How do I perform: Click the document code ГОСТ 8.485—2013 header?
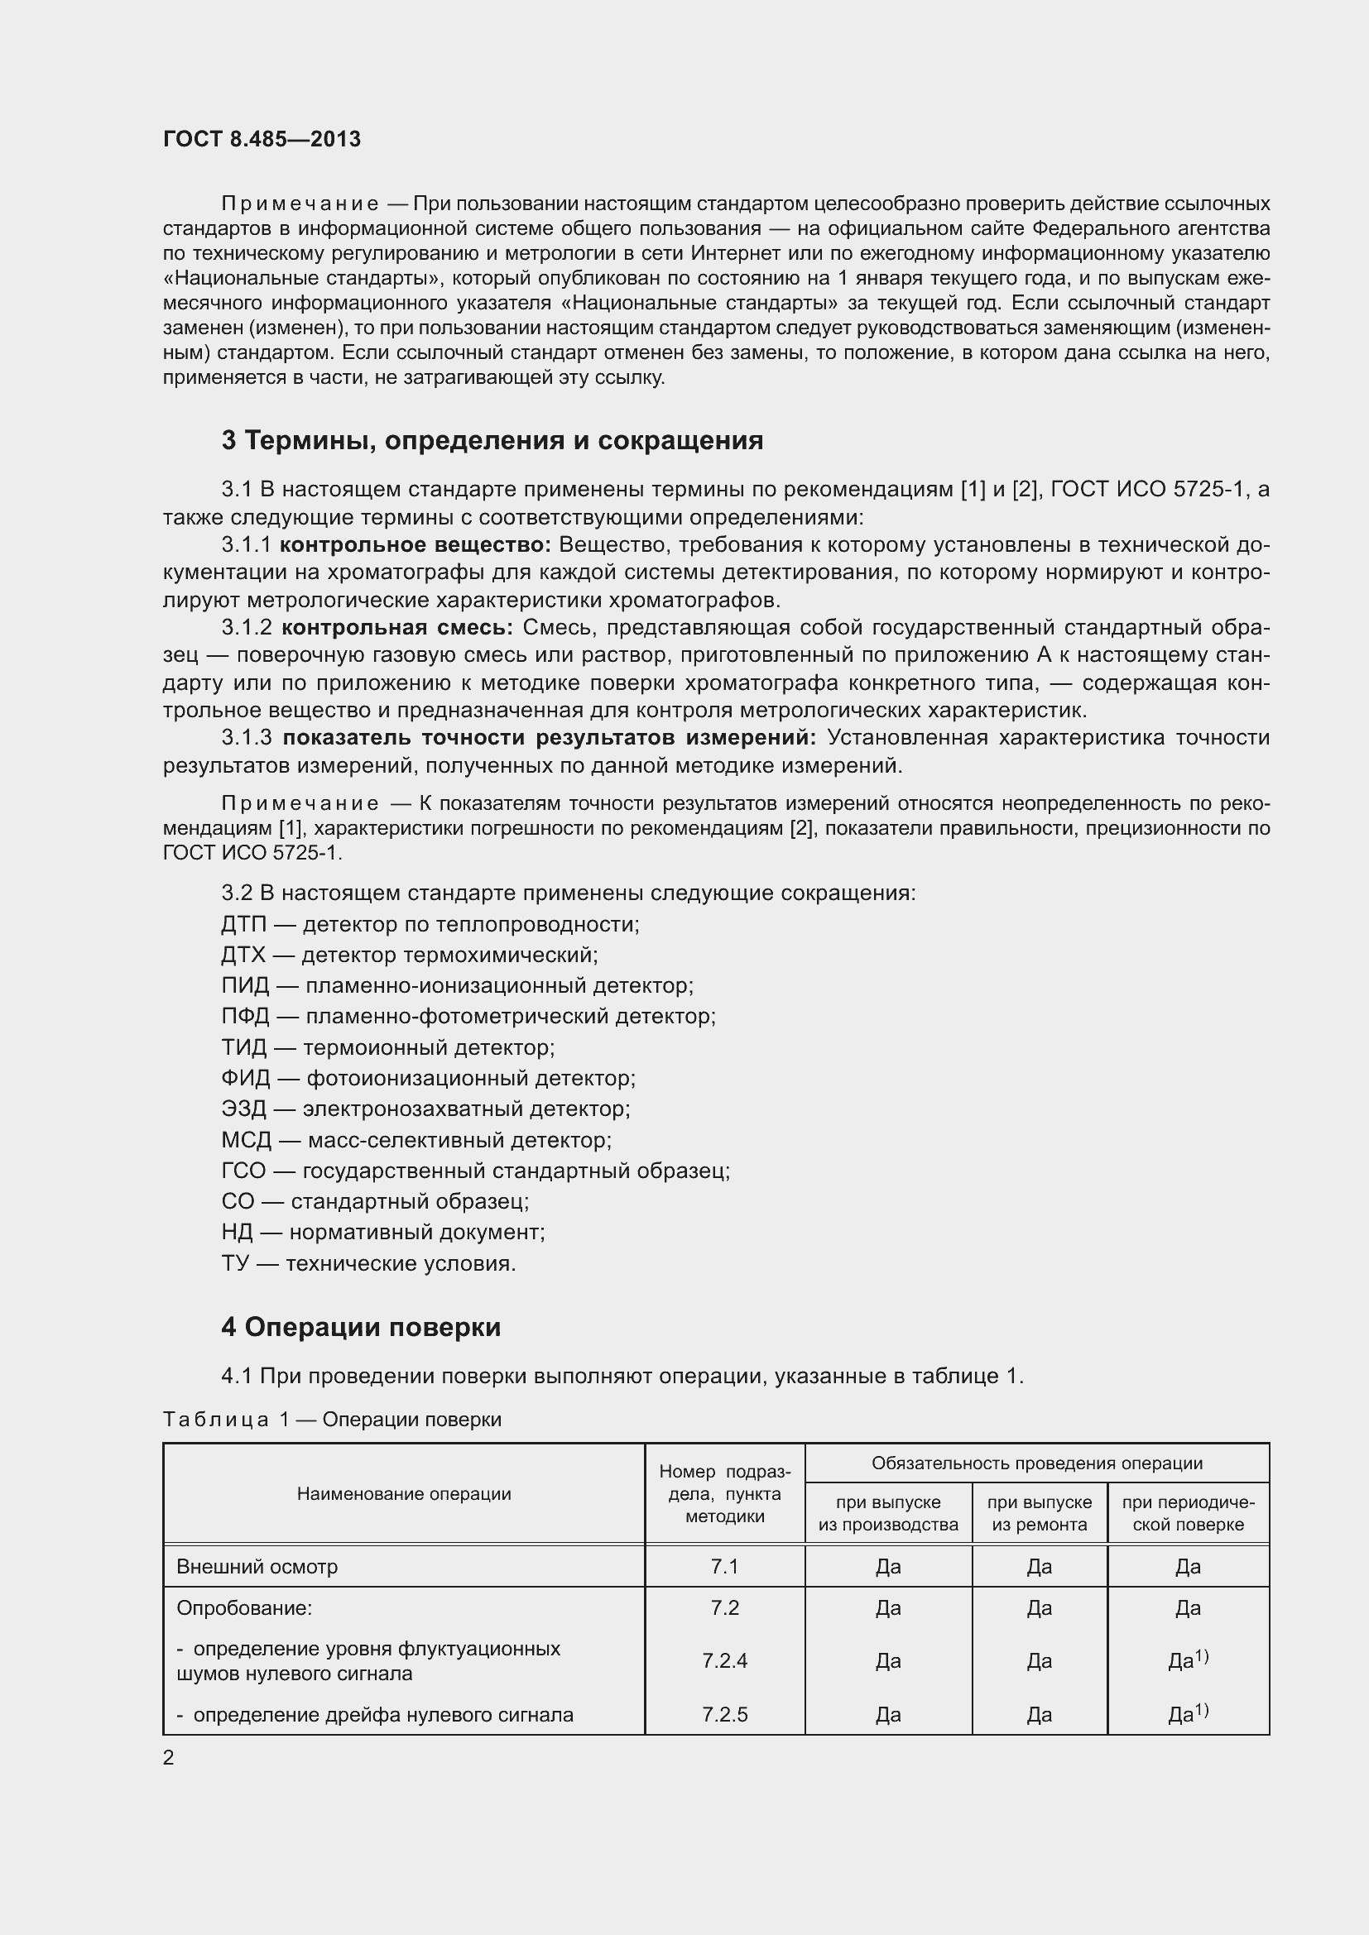[262, 139]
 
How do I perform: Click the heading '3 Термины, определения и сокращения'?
[492, 440]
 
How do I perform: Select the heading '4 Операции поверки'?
[361, 1326]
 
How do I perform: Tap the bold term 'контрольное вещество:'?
[415, 544]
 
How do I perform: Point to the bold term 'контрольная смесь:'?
[397, 627]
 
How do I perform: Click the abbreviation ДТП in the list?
[243, 925]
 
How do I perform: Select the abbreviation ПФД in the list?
[245, 1017]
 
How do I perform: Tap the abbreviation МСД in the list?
[246, 1140]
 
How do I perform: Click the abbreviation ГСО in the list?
[243, 1171]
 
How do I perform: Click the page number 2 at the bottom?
[169, 1757]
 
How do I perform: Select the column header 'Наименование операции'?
[404, 1493]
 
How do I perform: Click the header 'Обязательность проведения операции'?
[1037, 1463]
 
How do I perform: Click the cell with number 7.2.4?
[724, 1660]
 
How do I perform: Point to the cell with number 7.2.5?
[724, 1714]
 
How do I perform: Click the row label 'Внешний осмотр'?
[257, 1567]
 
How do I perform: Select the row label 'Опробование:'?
[244, 1608]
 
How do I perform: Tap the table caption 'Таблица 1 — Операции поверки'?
[332, 1420]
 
